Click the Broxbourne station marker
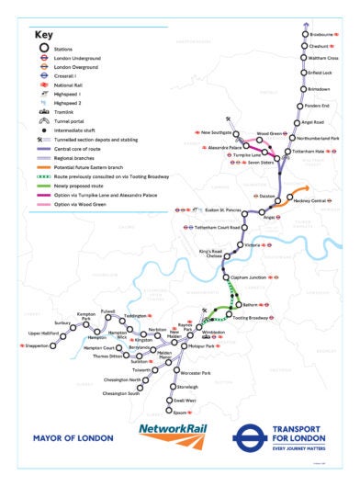click(304, 35)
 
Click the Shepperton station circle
click(53, 346)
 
